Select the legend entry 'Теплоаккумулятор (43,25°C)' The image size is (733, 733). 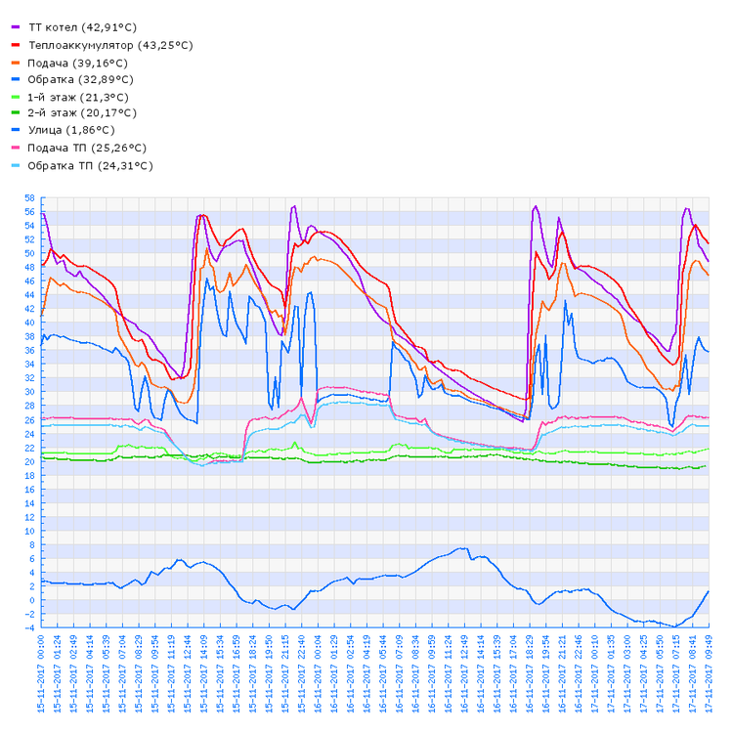click(x=110, y=45)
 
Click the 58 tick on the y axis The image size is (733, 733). click(x=29, y=198)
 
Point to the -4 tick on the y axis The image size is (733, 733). click(x=29, y=628)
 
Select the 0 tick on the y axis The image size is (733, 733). click(x=31, y=600)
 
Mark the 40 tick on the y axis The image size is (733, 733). click(x=29, y=323)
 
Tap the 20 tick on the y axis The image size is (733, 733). click(x=29, y=461)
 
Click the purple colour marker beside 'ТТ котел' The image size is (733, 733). click(x=15, y=27)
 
